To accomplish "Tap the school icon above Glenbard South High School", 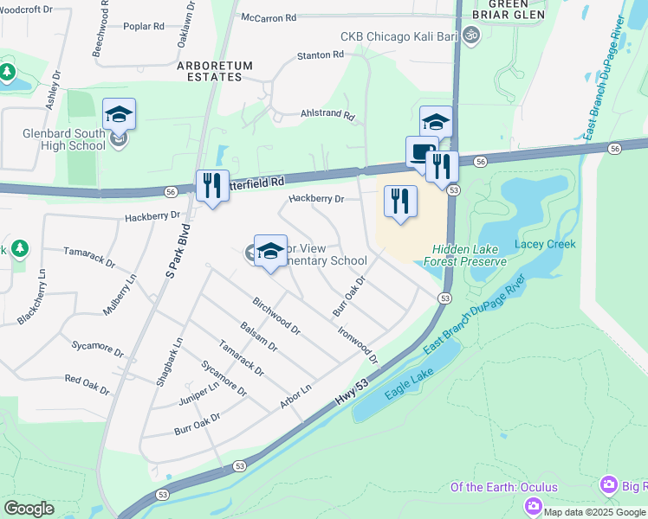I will pyautogui.click(x=120, y=114).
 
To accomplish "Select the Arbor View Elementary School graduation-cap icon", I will pyautogui.click(x=270, y=251).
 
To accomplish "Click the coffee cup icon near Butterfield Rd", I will pyautogui.click(x=421, y=152).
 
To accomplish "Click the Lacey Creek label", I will pyautogui.click(x=545, y=244).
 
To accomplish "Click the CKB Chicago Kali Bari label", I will pyautogui.click(x=399, y=36).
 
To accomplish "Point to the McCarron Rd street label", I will pyautogui.click(x=269, y=16).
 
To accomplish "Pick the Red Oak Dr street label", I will pyautogui.click(x=87, y=385).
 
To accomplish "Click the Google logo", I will pyautogui.click(x=29, y=508).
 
